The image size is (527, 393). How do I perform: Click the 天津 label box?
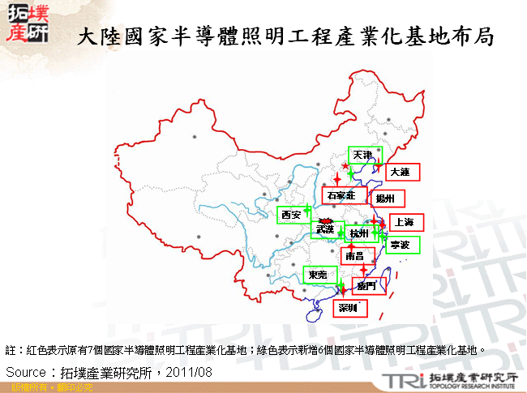tap(362, 154)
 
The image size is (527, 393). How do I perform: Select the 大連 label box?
tap(399, 173)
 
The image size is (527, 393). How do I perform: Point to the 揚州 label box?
tap(384, 198)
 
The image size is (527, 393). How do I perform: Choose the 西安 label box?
tap(291, 215)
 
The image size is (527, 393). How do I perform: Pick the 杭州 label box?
tap(358, 234)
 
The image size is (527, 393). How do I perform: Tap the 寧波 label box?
tap(401, 245)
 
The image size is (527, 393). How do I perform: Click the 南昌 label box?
tap(354, 256)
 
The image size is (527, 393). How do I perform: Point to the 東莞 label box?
tap(318, 276)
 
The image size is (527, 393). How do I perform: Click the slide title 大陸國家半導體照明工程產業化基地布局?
tap(285, 37)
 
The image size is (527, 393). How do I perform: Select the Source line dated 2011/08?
tap(109, 372)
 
